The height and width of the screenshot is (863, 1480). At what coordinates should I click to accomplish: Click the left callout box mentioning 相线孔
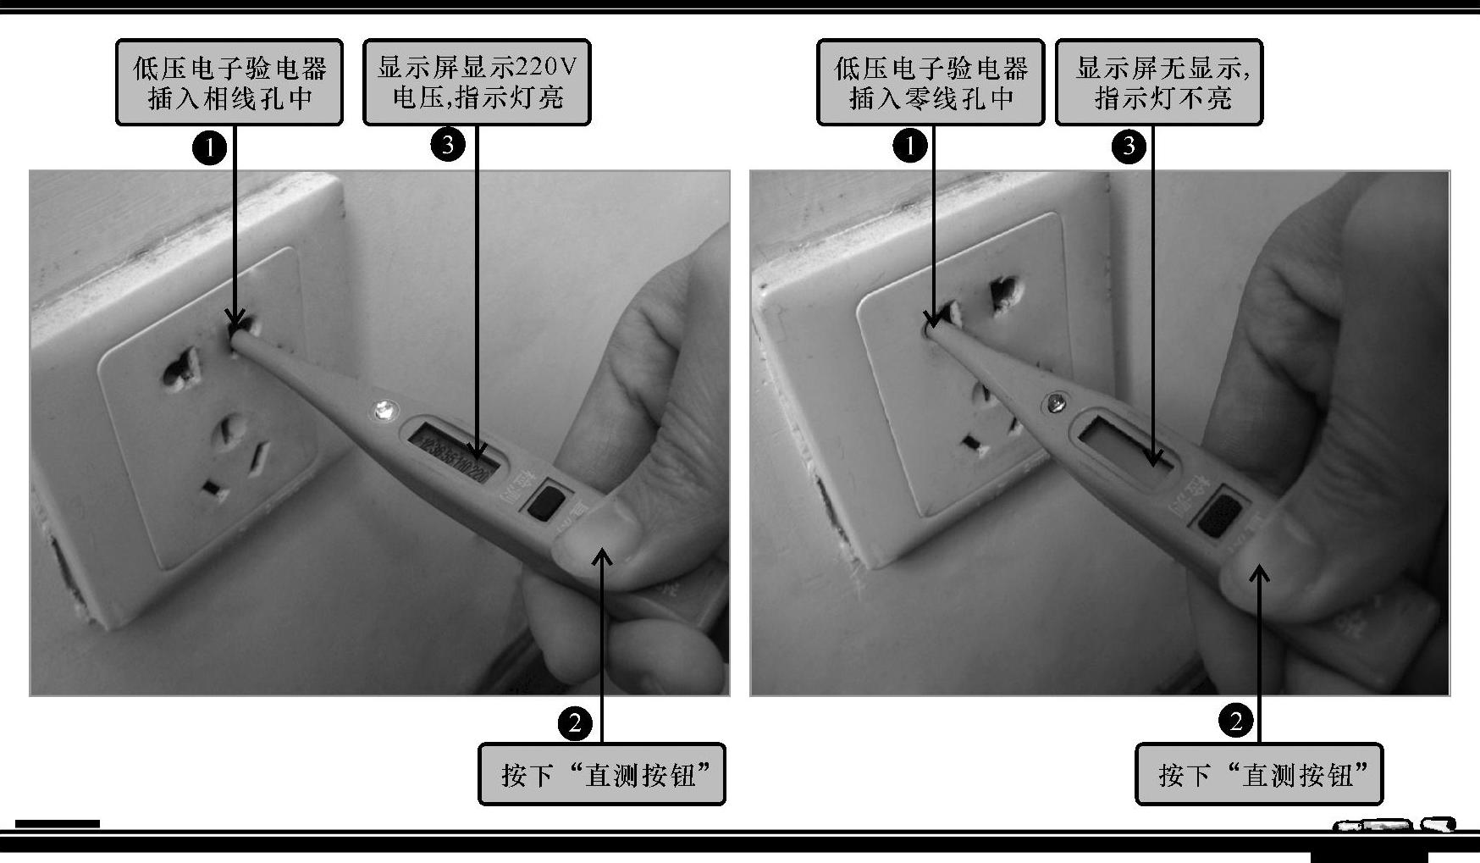point(229,82)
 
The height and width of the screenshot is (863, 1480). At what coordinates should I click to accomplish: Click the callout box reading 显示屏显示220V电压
point(477,82)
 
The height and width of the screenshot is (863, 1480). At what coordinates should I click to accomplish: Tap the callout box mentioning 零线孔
point(931,82)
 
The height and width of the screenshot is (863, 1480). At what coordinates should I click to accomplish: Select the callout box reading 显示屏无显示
point(1159,82)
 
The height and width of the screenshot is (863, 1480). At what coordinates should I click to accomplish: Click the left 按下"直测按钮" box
point(602,774)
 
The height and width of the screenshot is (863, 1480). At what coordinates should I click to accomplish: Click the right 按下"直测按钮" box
point(1259,774)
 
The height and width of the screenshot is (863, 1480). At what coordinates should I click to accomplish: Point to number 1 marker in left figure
point(209,148)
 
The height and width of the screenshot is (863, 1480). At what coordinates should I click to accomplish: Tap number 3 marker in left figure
point(448,145)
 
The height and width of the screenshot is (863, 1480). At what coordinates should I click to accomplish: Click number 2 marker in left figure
point(576,722)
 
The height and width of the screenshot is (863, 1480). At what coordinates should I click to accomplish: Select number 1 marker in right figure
point(910,146)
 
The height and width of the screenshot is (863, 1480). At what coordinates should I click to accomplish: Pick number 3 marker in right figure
point(1129,146)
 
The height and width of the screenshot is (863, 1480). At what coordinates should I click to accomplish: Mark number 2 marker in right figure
point(1235,721)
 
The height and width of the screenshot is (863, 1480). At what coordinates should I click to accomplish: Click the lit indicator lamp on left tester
point(383,412)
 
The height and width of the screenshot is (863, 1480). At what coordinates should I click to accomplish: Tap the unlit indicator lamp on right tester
point(1057,402)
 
